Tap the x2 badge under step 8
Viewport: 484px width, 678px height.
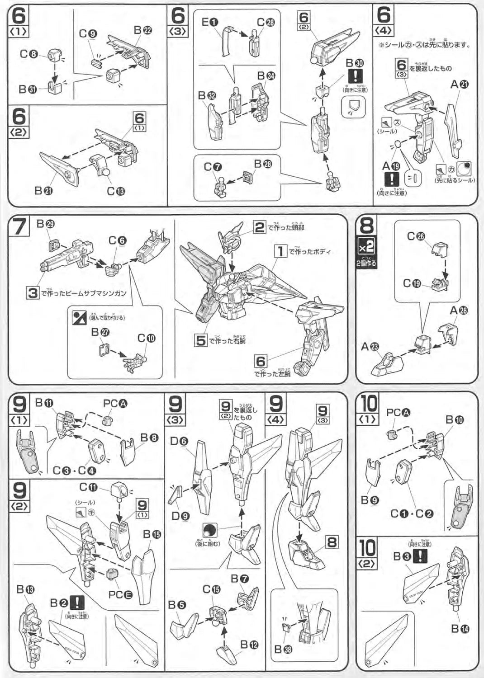(366, 247)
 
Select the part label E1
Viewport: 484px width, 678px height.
(209, 22)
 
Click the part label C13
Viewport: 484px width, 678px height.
(116, 191)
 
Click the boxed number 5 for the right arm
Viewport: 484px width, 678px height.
(201, 340)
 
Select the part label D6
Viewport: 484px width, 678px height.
(179, 441)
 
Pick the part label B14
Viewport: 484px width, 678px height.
(460, 628)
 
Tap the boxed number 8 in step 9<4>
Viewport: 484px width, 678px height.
(332, 541)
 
